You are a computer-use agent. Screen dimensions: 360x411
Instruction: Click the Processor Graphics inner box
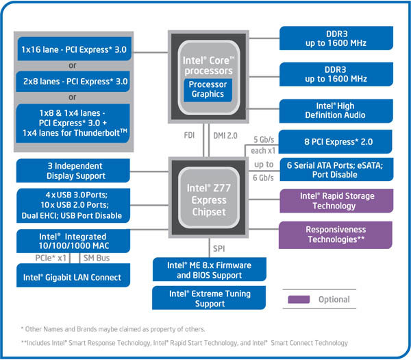coord(208,89)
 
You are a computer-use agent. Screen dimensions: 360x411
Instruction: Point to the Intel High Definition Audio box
coord(335,110)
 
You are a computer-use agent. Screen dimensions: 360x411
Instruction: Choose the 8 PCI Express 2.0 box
coord(335,142)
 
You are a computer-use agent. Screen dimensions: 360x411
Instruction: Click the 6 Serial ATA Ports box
coord(335,169)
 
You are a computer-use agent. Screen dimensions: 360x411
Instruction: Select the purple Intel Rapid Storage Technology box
coord(335,201)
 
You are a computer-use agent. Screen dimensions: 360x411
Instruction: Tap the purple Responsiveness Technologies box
coord(335,234)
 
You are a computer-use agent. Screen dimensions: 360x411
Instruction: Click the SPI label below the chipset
coord(218,246)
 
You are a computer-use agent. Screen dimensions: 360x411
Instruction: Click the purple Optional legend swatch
coord(299,299)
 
